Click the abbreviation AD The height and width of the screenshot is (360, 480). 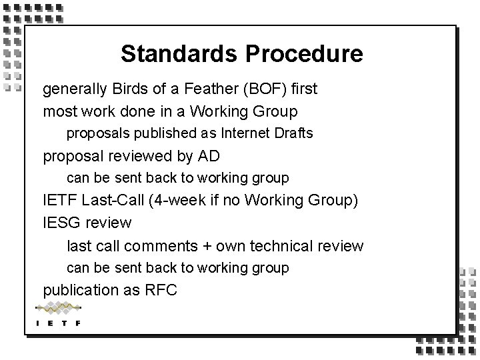209,157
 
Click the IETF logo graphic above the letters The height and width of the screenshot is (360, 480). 58,308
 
